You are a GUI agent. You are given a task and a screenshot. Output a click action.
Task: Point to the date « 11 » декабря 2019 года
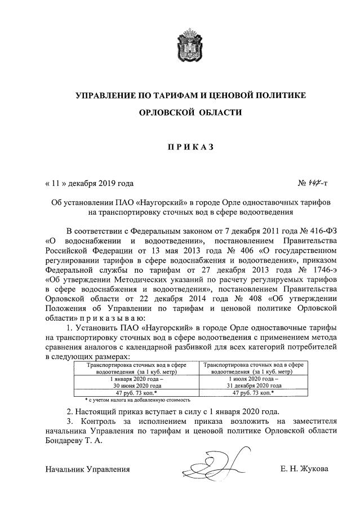click(90, 184)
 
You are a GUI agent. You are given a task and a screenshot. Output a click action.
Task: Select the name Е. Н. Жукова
click(304, 469)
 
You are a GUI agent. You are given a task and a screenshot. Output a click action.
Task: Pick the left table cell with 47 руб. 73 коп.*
click(136, 392)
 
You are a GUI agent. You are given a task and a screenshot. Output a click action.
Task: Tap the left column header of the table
click(136, 369)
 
